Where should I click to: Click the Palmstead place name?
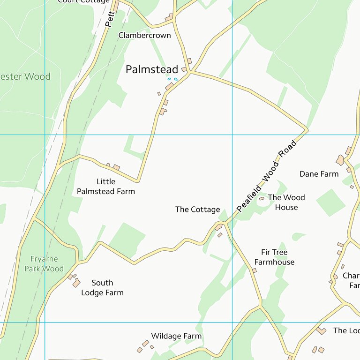pos(151,69)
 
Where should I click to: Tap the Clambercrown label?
pos(144,35)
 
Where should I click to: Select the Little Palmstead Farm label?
pos(106,186)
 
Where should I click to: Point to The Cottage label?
pos(197,210)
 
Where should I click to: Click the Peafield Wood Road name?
pos(267,176)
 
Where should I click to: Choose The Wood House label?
pos(286,202)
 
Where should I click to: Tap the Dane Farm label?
pos(319,174)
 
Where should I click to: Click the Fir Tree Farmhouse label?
pos(274,257)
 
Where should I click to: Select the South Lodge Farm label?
pos(102,287)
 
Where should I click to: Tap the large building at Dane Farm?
pos(340,160)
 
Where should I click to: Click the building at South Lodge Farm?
pos(76,282)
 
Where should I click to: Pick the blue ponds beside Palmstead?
pos(172,79)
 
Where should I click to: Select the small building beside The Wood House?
pos(262,199)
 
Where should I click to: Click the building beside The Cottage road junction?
pos(218,227)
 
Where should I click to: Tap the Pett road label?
pos(110,19)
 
